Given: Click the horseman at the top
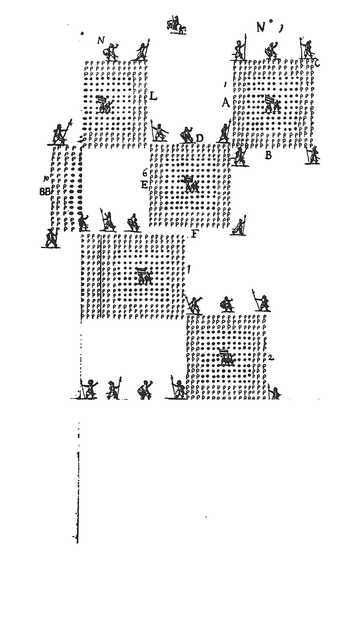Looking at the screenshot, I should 176,25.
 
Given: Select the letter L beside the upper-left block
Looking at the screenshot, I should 153,96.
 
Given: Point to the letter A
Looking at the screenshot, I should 225,103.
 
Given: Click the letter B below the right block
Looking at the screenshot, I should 268,155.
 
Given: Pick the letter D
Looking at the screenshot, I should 200,138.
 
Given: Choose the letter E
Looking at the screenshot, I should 144,185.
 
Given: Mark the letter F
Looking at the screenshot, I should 195,234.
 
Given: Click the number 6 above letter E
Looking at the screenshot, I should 145,174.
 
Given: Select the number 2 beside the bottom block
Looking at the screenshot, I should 271,357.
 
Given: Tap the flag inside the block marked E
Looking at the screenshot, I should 189,183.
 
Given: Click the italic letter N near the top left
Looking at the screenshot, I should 101,40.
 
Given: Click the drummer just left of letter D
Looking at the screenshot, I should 186,135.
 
